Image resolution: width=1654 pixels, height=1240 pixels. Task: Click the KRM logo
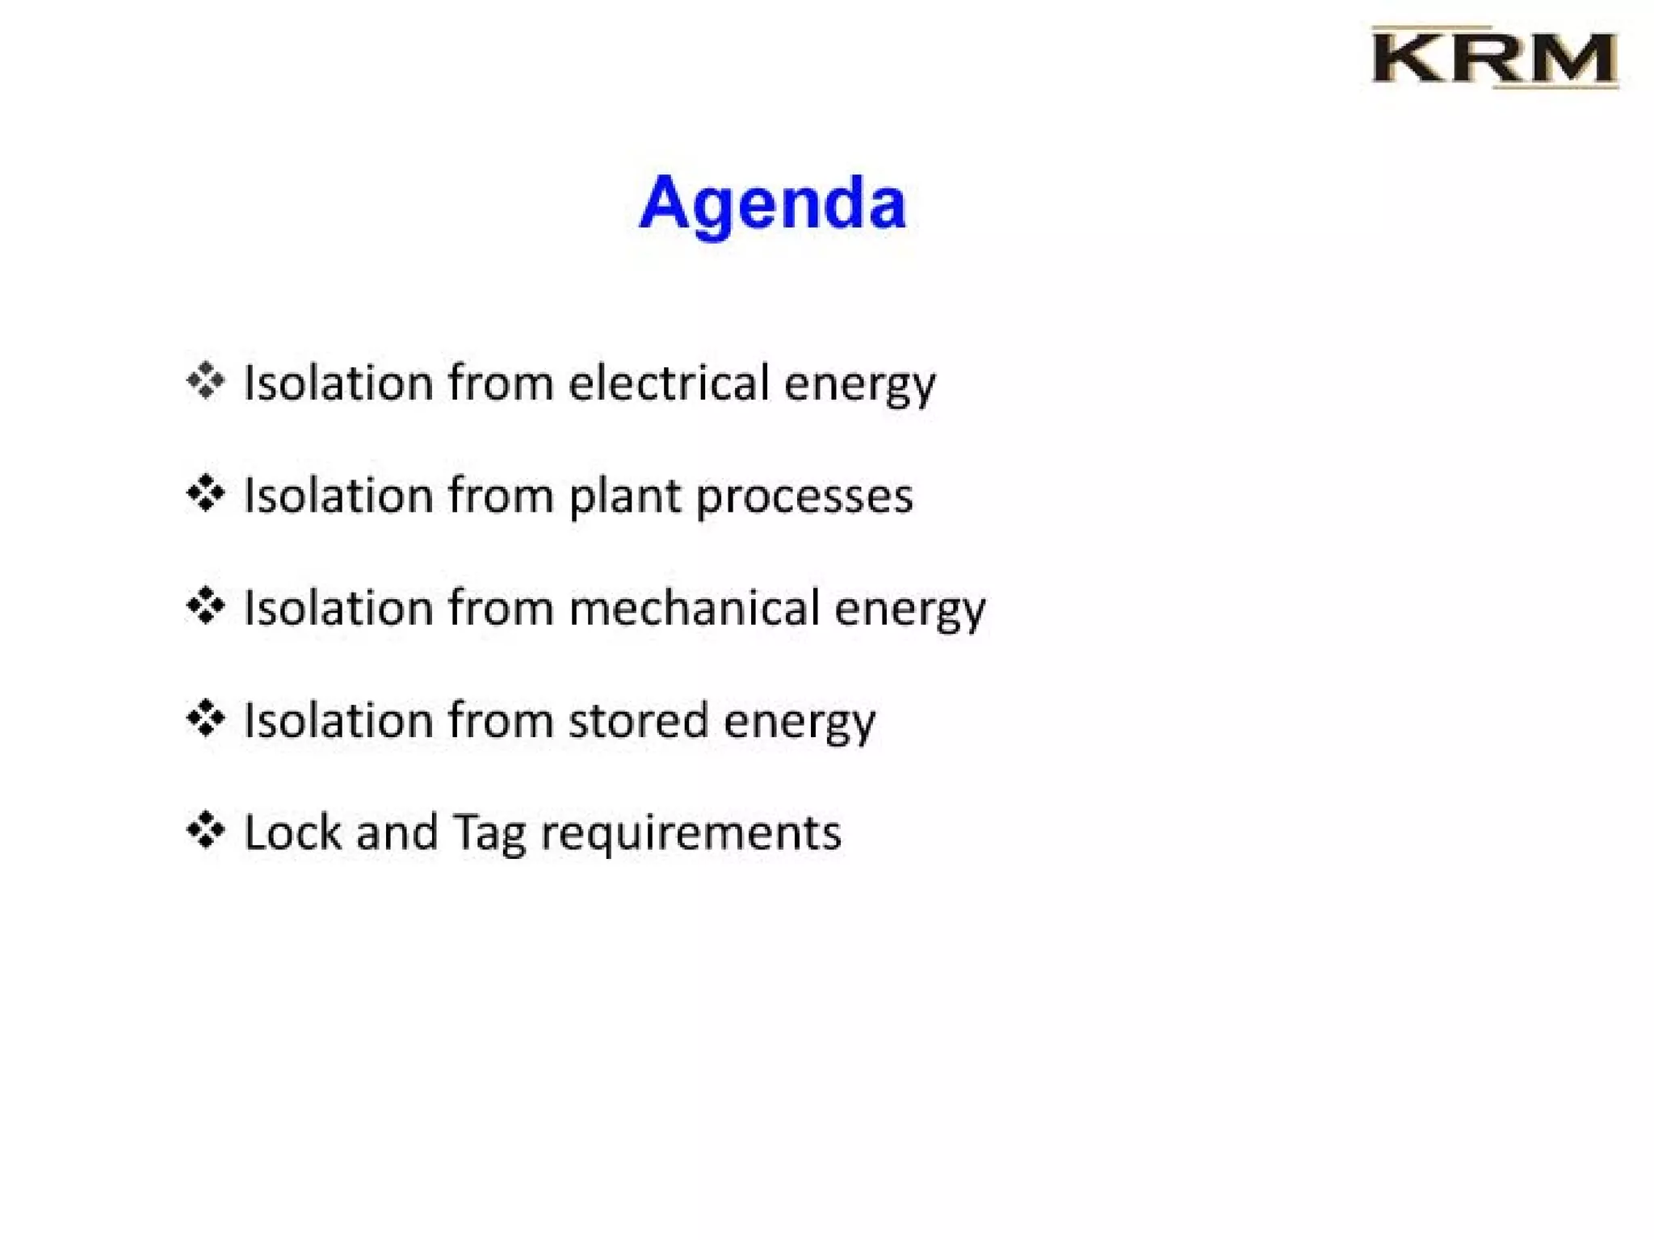[x=1494, y=58]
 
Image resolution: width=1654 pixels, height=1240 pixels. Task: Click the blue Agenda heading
[x=772, y=203]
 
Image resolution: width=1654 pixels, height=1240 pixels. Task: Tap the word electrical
[x=669, y=383]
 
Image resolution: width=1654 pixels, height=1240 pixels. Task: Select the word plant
[x=624, y=496]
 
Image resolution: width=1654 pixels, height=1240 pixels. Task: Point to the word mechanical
[x=694, y=608]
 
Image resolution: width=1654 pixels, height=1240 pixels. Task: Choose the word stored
[x=638, y=720]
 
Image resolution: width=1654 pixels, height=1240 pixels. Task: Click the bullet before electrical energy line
[x=205, y=380]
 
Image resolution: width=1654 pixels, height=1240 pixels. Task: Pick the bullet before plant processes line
[x=205, y=493]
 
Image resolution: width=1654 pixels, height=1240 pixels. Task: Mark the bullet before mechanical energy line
[x=205, y=605]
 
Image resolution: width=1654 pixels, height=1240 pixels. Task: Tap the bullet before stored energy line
[x=205, y=718]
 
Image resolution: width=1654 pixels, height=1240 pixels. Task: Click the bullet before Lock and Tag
[x=205, y=830]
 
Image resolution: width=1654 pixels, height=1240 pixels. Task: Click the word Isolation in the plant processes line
[x=339, y=496]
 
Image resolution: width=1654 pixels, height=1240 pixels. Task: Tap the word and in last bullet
[x=397, y=832]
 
